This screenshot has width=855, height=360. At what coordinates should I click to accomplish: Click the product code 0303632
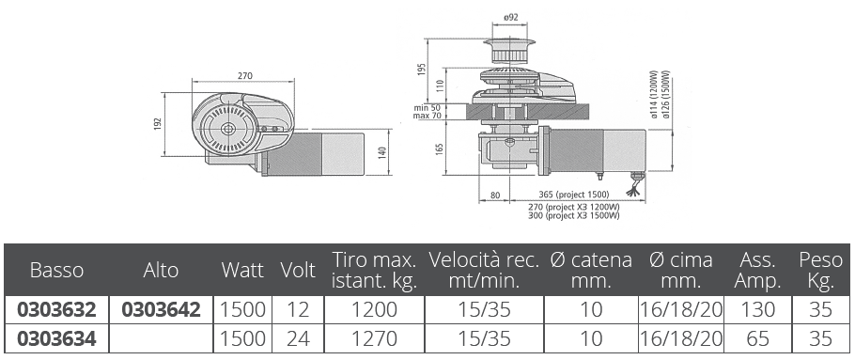56,310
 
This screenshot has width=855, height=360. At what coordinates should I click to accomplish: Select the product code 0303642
161,310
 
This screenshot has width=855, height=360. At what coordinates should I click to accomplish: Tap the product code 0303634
56,338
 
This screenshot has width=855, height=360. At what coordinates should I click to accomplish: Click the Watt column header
242,270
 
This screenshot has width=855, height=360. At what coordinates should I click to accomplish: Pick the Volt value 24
298,338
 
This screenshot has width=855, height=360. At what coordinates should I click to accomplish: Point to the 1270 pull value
374,338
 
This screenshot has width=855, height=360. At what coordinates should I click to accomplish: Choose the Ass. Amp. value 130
757,310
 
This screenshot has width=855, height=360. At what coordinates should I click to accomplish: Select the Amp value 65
757,338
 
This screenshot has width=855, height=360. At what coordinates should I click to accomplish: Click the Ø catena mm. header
591,270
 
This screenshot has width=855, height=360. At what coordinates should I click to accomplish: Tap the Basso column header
56,270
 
